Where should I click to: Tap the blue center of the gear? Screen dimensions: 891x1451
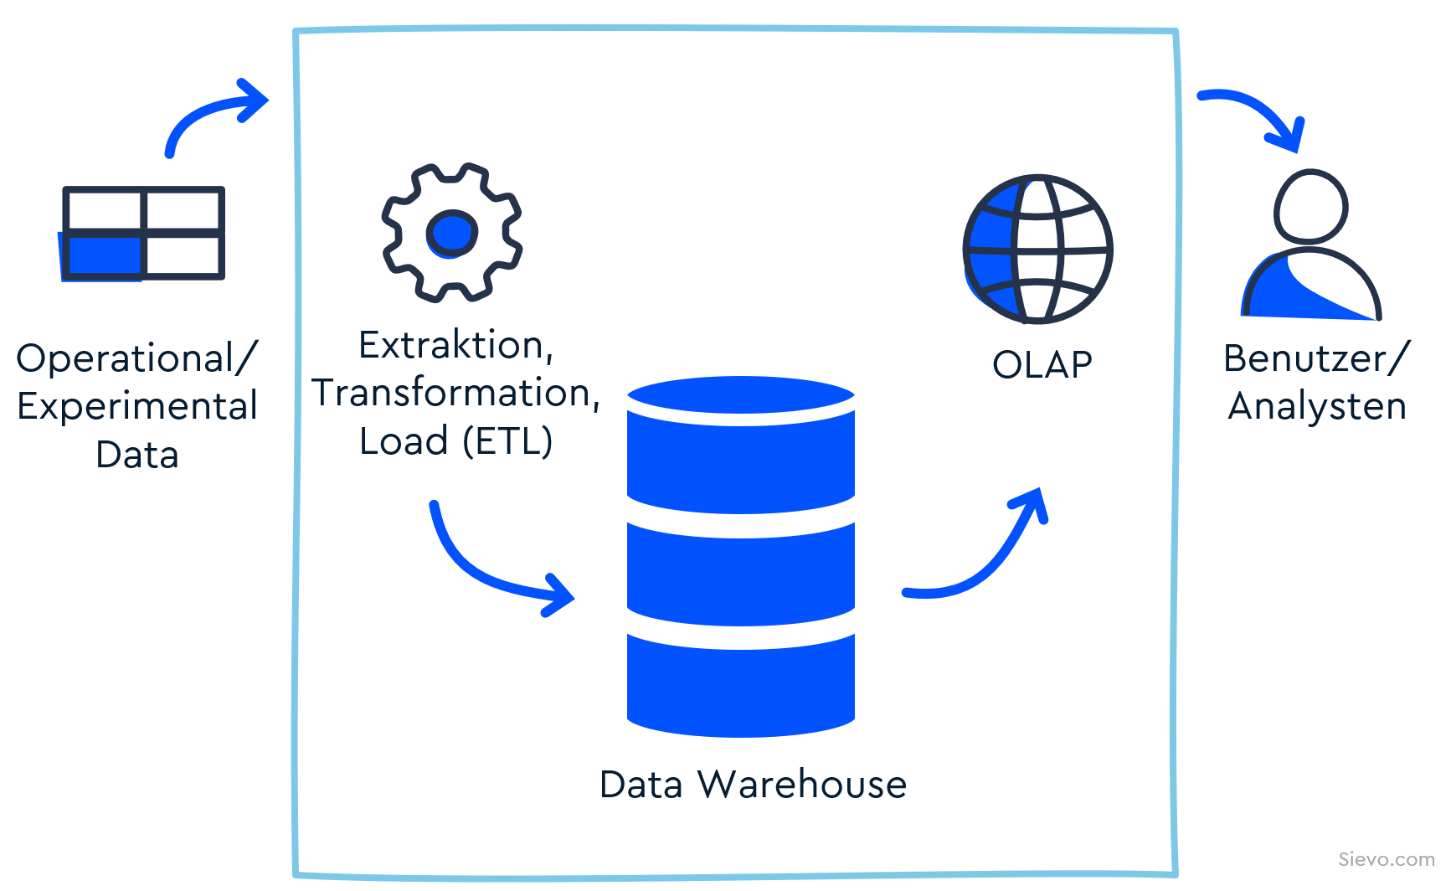pos(452,232)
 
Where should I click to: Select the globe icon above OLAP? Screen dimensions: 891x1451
pos(1037,249)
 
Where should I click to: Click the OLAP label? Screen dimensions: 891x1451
pos(1042,365)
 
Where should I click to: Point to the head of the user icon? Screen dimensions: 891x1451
pos(1310,207)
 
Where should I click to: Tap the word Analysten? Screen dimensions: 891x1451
pos(1317,406)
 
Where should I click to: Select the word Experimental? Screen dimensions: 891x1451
pos(137,406)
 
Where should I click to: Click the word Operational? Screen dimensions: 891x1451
pos(126,358)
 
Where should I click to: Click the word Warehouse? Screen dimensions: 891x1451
pos(802,785)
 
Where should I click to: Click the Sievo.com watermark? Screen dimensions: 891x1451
pos(1386,859)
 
